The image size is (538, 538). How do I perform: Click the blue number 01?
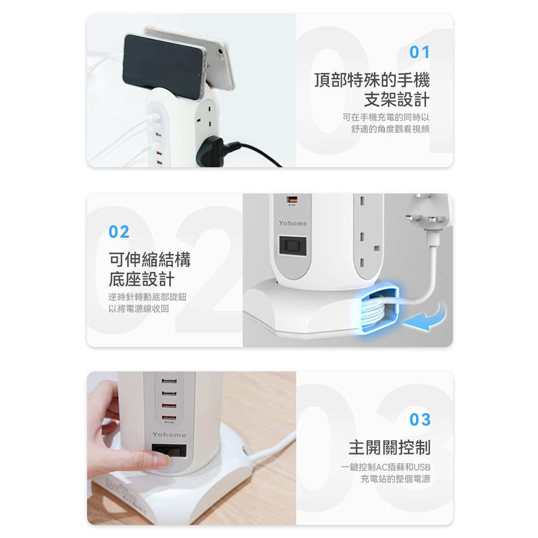tap(419, 52)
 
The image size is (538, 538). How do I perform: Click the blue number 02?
tap(119, 231)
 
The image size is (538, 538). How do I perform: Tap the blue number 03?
tap(420, 419)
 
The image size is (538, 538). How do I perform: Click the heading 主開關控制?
tap(390, 447)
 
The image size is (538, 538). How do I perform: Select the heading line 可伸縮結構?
tap(150, 259)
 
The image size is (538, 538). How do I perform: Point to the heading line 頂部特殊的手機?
tap(372, 80)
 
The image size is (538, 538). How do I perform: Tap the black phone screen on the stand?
tap(162, 66)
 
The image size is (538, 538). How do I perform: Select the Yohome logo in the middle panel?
tap(293, 223)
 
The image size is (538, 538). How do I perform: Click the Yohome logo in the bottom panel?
tap(169, 434)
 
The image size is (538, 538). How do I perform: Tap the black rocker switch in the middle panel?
tap(293, 245)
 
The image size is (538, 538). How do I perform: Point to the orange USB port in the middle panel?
tap(292, 200)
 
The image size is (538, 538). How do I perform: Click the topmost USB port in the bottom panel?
tap(169, 381)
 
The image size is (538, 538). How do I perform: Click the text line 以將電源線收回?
tap(139, 308)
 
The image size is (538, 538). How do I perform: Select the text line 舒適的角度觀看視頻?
tap(390, 129)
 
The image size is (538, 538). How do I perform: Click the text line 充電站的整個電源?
tap(395, 478)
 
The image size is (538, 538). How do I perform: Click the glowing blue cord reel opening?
tap(380, 310)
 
